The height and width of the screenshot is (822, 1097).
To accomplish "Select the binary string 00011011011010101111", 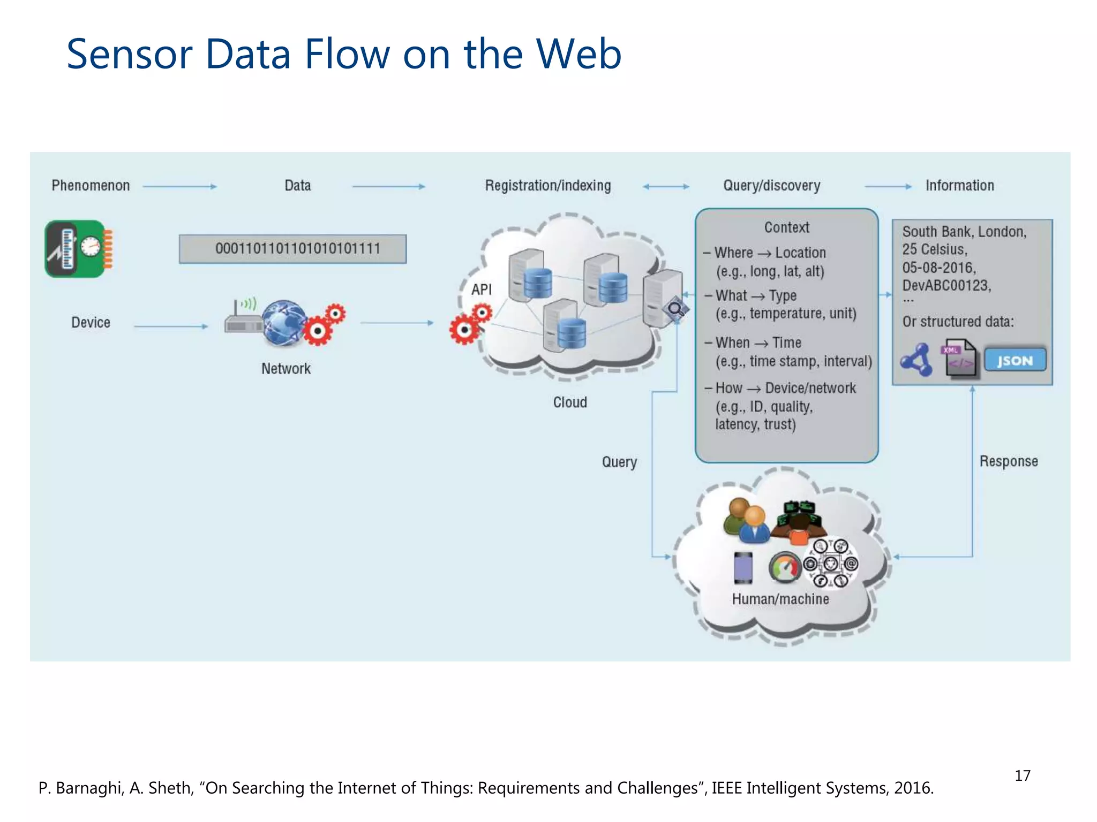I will coord(297,249).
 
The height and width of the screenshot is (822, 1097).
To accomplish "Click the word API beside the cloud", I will coord(481,290).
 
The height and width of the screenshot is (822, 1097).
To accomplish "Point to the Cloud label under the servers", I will coord(570,402).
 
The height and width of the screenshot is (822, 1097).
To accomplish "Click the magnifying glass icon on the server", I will coord(675,309).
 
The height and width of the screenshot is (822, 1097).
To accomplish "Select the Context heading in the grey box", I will coord(786,227).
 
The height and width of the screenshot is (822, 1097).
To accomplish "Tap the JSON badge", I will coord(1015,361).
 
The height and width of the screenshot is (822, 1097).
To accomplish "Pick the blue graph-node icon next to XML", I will coord(917,360).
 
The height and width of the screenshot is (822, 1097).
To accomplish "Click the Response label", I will coord(1009,461).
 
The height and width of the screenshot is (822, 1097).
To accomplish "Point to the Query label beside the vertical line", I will coord(619,462).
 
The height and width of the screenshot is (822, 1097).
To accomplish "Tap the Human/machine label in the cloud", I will coord(780,599).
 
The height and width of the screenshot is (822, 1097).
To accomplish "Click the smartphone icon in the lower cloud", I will coord(743,567).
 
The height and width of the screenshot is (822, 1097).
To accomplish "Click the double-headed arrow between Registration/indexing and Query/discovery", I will coord(666,187).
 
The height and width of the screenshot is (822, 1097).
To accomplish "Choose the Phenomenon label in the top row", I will coord(91,186).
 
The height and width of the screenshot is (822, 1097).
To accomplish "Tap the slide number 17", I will coord(1022,775).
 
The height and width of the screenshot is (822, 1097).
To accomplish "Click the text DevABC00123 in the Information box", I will coord(946,285).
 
